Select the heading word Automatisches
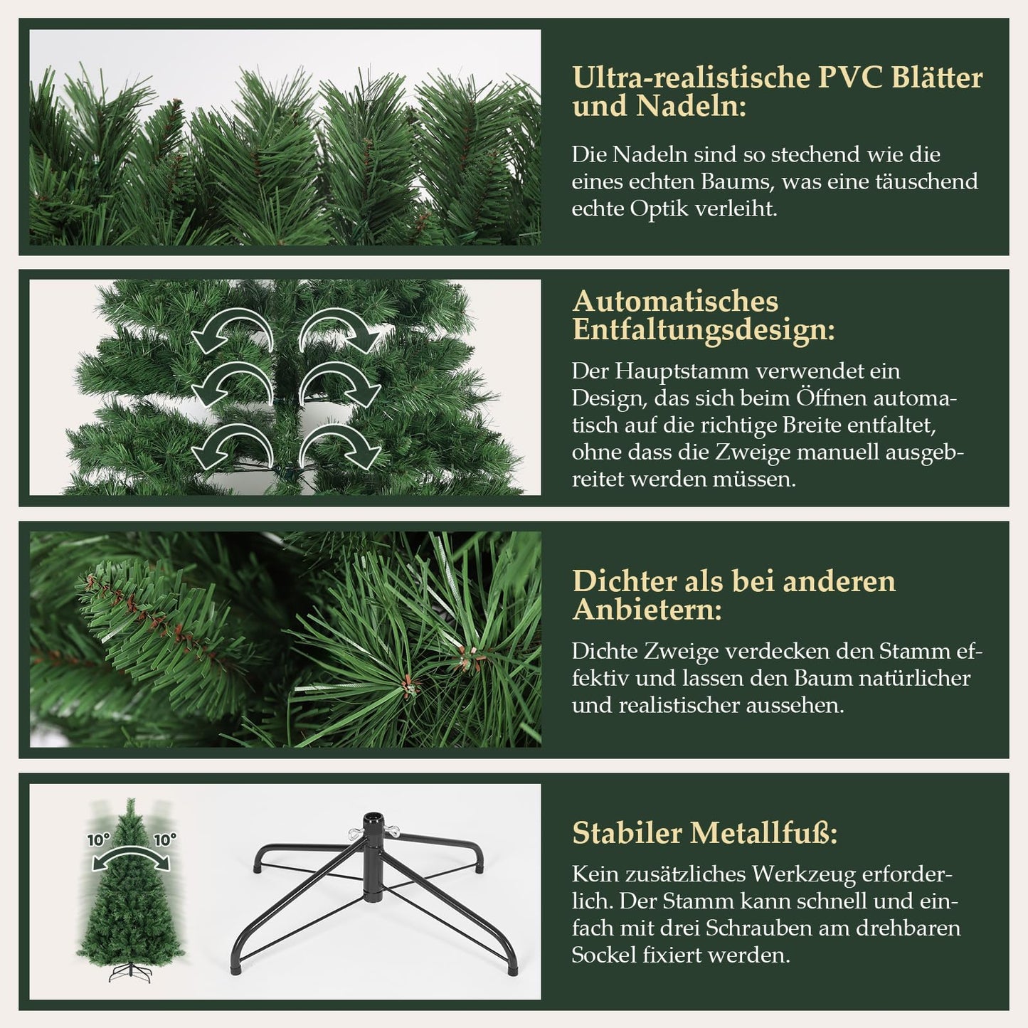[x=675, y=301]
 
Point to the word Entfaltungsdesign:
[x=703, y=330]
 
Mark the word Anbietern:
[x=647, y=610]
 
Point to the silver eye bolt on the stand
[x=350, y=832]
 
